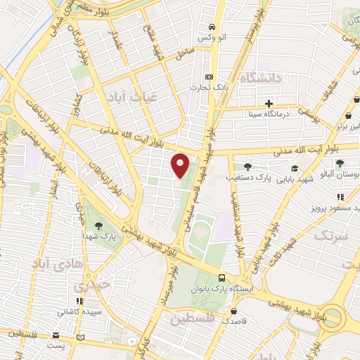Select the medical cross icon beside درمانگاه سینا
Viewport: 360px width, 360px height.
(x=269, y=103)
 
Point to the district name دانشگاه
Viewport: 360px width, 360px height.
(x=261, y=78)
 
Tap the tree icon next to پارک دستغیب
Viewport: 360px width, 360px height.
(x=247, y=167)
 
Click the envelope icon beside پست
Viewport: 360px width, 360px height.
(x=81, y=338)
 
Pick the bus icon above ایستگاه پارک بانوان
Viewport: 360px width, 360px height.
(x=222, y=278)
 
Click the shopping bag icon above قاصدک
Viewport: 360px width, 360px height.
(x=243, y=309)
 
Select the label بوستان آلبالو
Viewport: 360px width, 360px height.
(x=338, y=173)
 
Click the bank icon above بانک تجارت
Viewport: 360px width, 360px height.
(x=208, y=77)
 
